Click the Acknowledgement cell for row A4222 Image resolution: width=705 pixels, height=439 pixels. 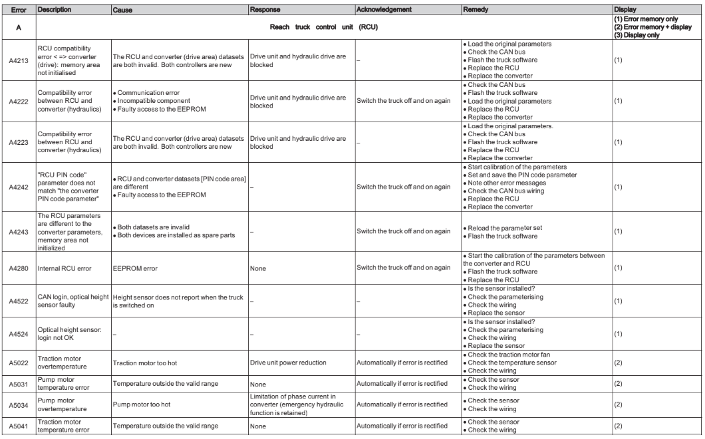pyautogui.click(x=407, y=101)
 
